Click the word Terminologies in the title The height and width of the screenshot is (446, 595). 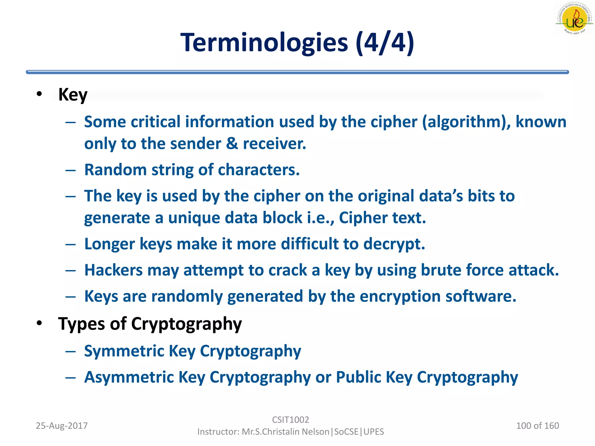(264, 43)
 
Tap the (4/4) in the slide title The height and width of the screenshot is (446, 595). (385, 43)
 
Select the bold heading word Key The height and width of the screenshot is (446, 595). (73, 95)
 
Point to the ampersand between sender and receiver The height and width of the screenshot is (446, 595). (232, 144)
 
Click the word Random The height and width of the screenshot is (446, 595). (115, 170)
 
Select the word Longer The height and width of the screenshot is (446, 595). (110, 244)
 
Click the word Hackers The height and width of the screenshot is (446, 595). (113, 270)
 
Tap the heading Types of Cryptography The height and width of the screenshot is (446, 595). (150, 323)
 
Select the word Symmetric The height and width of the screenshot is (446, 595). (124, 351)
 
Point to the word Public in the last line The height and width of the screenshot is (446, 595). (359, 377)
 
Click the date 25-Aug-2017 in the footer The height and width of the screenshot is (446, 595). (62, 426)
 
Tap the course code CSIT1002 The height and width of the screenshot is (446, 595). (291, 420)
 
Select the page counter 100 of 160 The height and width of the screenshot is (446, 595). (537, 426)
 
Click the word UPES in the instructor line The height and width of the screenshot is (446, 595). (374, 432)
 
